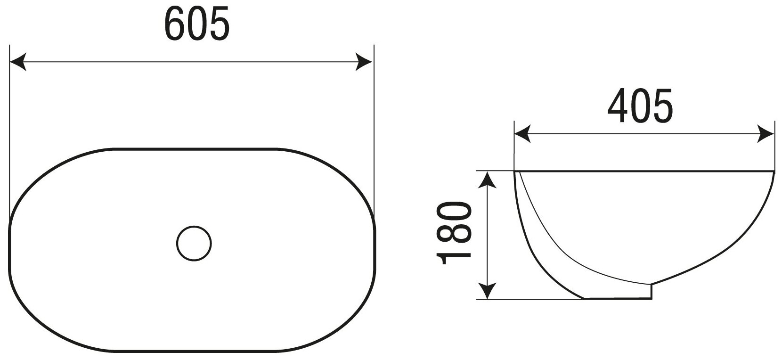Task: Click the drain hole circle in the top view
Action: click(194, 244)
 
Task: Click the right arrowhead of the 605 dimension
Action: click(365, 62)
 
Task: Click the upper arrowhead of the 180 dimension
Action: click(489, 180)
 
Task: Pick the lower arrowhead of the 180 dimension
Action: click(489, 290)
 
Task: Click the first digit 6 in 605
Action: click(175, 24)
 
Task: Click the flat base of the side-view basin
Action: click(617, 298)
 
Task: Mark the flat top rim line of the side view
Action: click(644, 171)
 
